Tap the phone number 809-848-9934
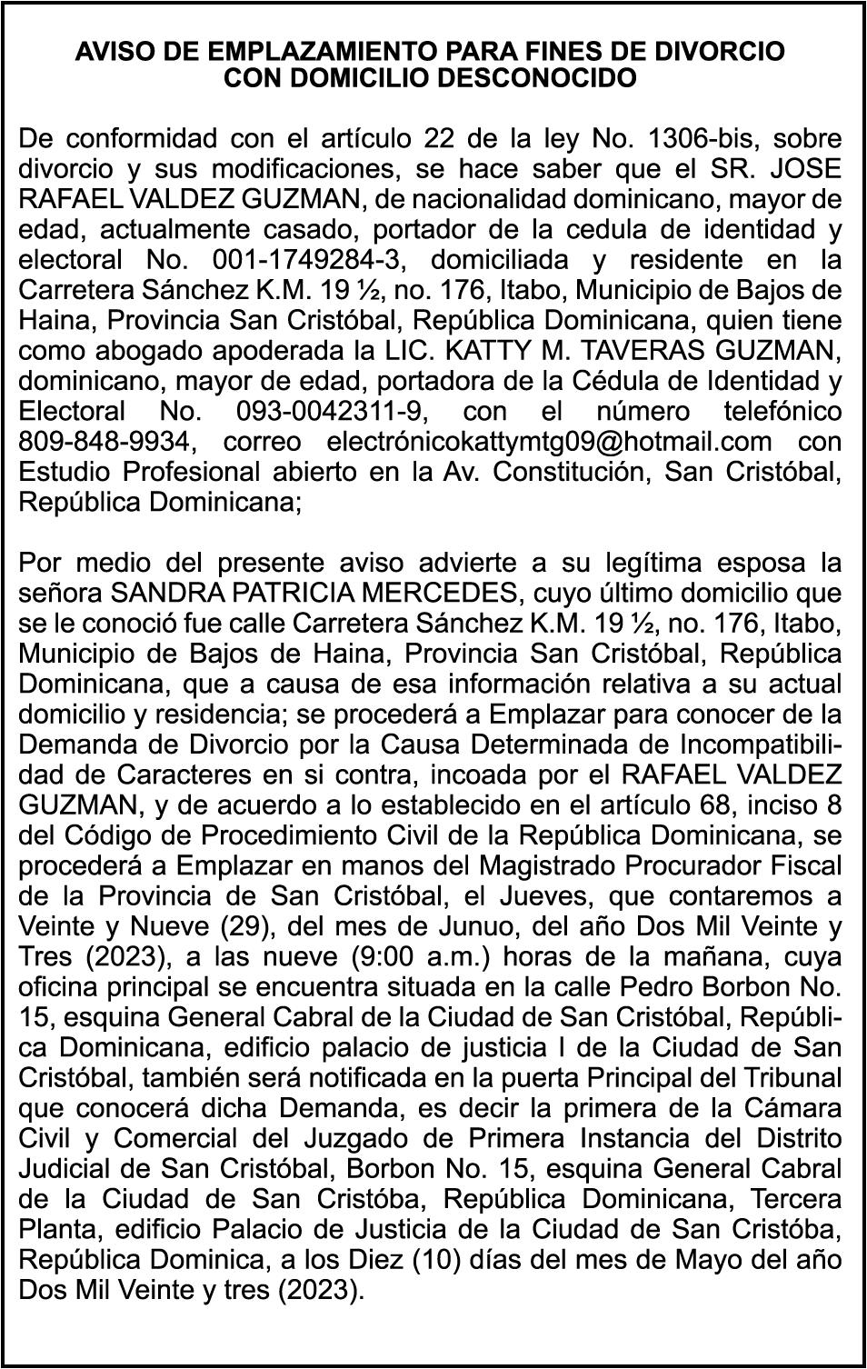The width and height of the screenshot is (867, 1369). pyautogui.click(x=106, y=442)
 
